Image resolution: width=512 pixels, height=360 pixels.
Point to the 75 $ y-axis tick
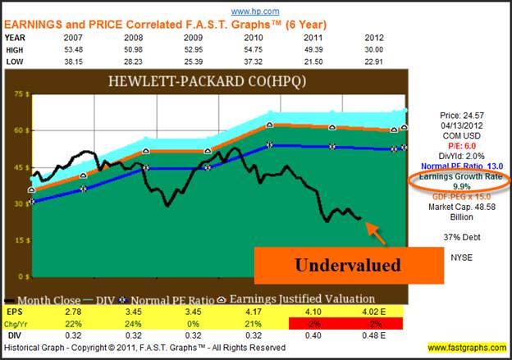(x=16, y=93)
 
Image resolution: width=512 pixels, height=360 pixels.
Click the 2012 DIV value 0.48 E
(x=376, y=335)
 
